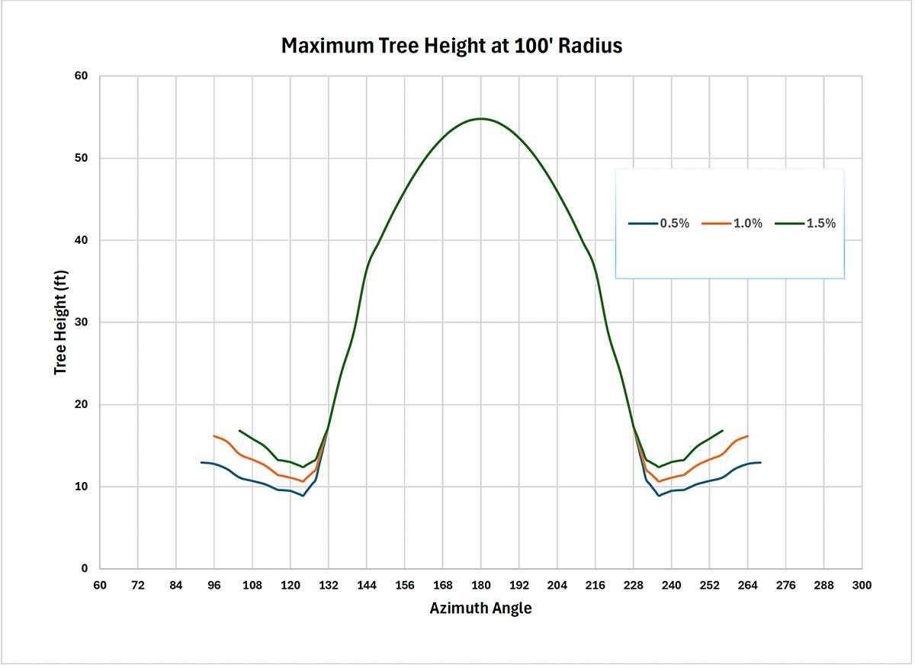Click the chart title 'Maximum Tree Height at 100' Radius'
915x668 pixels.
pos(451,46)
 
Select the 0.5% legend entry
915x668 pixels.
pos(659,223)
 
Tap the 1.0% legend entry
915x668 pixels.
pos(732,223)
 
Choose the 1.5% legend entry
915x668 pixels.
pos(805,223)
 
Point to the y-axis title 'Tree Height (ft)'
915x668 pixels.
pos(60,322)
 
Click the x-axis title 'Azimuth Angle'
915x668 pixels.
pos(480,609)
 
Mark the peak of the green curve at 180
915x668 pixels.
pos(480,118)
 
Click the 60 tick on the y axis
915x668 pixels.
pos(82,76)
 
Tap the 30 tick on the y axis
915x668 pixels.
pos(82,323)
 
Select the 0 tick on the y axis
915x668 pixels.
pos(85,569)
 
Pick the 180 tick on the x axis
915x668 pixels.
pos(480,585)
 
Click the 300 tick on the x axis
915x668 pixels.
pos(862,585)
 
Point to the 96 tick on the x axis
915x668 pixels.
pos(214,585)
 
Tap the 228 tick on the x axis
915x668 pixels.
pos(633,585)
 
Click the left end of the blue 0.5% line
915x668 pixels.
pos(201,462)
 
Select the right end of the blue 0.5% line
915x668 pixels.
pos(760,462)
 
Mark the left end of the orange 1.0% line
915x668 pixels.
pos(214,436)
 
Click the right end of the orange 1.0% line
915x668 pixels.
pos(747,436)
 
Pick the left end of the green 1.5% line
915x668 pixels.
pos(239,430)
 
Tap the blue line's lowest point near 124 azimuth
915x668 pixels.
pos(303,496)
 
